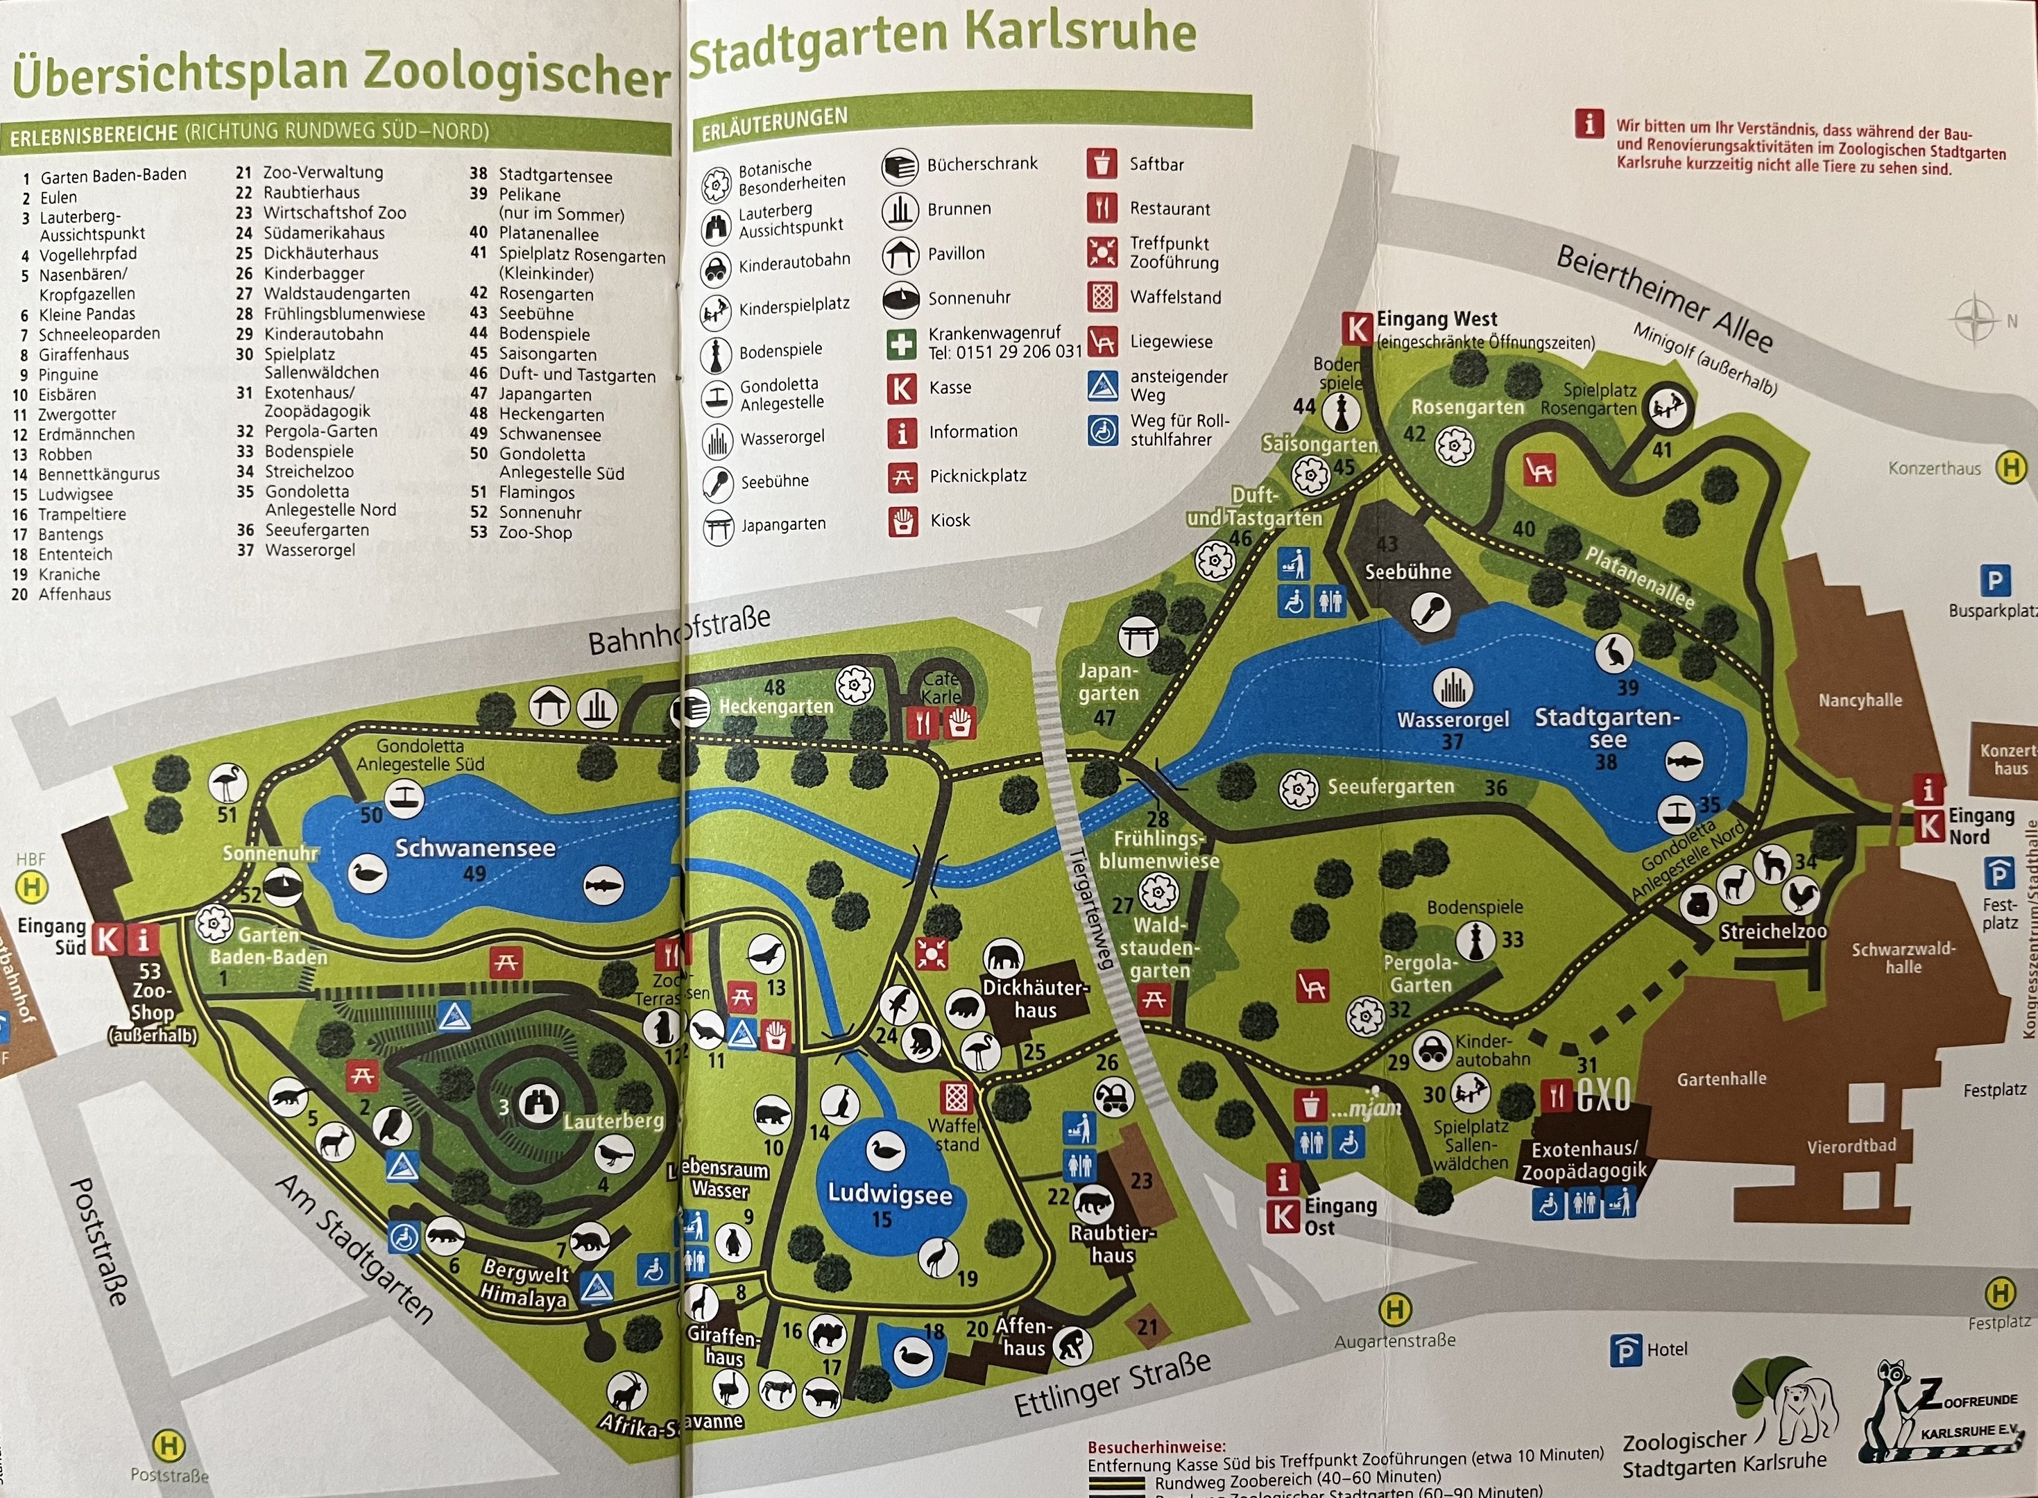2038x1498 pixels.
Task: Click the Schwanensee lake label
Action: [x=474, y=848]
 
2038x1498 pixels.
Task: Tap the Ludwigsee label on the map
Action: [x=890, y=1194]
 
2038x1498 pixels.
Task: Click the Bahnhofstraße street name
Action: [x=679, y=630]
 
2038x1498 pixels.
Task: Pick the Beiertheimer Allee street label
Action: [x=1664, y=298]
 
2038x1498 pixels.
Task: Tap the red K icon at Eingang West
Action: [x=1358, y=328]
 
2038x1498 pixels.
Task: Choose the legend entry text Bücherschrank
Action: [x=982, y=164]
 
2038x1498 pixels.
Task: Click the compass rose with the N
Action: [x=1973, y=320]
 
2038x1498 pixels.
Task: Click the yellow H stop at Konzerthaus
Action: [x=2012, y=468]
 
